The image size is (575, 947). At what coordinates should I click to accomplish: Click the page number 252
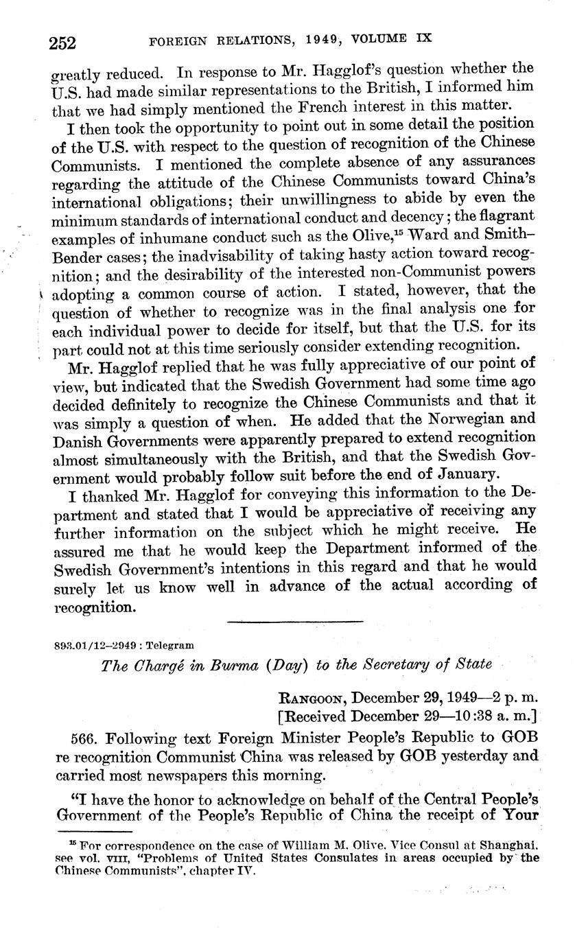click(x=62, y=43)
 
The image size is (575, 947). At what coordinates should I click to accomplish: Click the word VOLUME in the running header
click(x=385, y=39)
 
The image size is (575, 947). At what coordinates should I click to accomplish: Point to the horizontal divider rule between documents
click(x=294, y=622)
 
